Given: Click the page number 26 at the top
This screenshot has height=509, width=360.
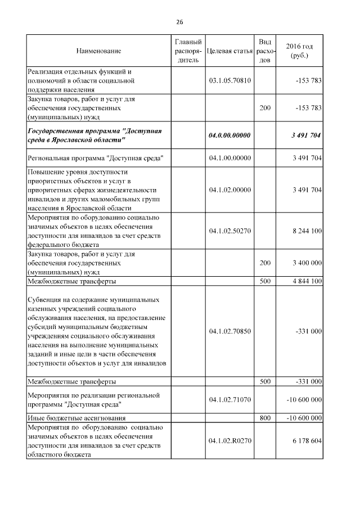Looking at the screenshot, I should pyautogui.click(x=179, y=22).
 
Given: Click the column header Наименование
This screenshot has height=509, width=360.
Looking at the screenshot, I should pyautogui.click(x=98, y=51).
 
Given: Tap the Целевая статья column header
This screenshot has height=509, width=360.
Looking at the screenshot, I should pyautogui.click(x=229, y=51).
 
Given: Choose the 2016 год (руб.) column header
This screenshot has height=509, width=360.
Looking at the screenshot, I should pyautogui.click(x=299, y=51).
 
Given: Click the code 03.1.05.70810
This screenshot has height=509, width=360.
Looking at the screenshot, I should pyautogui.click(x=229, y=80).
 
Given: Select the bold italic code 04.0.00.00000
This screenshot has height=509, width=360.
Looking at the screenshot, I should pyautogui.click(x=229, y=135).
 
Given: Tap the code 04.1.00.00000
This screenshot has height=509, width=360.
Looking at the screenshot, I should pyautogui.click(x=229, y=158).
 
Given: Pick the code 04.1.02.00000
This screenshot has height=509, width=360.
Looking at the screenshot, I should pyautogui.click(x=229, y=190).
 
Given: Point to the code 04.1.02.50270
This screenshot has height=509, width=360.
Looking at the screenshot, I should pyautogui.click(x=229, y=231).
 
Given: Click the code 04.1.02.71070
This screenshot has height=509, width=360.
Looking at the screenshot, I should pyautogui.click(x=229, y=399).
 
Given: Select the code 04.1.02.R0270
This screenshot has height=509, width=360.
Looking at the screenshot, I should pyautogui.click(x=229, y=440).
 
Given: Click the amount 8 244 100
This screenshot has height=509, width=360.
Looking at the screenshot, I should pyautogui.click(x=307, y=231).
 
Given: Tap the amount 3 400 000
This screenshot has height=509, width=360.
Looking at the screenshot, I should pyautogui.click(x=307, y=263).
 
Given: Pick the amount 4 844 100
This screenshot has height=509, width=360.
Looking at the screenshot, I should pyautogui.click(x=307, y=281).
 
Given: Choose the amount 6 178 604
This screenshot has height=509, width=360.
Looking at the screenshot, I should pyautogui.click(x=307, y=440).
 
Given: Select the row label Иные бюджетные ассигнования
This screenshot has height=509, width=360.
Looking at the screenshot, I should pyautogui.click(x=76, y=418).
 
